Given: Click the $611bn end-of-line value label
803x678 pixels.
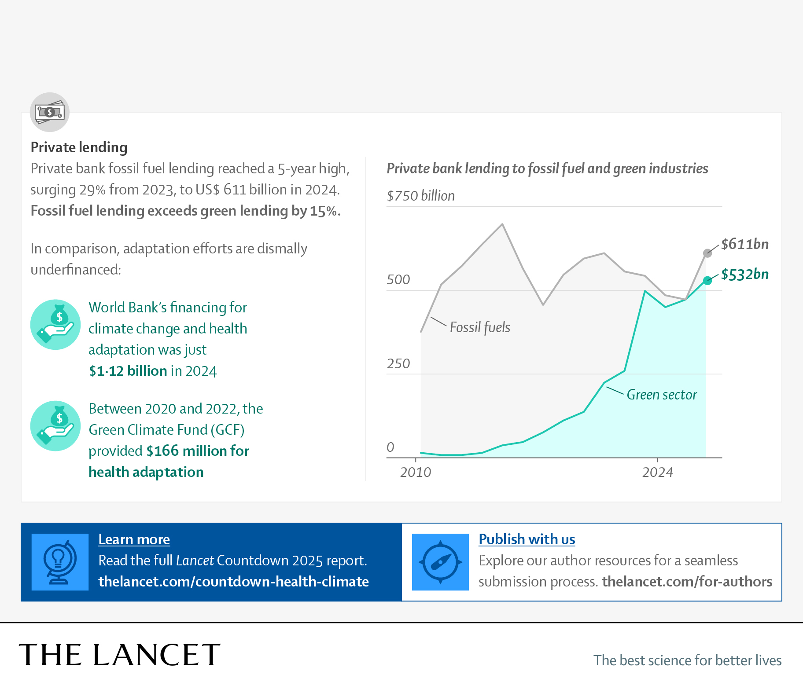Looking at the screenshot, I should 744,244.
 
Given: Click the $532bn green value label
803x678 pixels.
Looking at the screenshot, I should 744,275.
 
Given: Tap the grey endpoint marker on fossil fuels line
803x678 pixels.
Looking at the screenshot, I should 707,253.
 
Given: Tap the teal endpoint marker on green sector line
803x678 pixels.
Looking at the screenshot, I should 707,281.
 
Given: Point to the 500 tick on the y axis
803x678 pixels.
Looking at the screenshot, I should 398,280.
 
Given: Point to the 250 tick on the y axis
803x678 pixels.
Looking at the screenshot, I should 398,364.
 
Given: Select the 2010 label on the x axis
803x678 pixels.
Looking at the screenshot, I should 416,473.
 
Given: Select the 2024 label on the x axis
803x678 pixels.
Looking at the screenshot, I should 657,473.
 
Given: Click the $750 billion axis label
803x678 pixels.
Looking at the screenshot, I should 420,196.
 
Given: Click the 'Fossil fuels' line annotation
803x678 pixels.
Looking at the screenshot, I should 480,327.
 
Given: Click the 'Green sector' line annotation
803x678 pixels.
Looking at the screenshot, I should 661,395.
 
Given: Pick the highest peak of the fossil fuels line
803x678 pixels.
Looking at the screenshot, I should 502,224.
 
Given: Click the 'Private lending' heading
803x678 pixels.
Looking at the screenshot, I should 79,147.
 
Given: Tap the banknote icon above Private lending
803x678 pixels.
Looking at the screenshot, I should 50,112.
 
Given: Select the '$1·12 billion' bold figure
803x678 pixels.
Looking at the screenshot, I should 128,371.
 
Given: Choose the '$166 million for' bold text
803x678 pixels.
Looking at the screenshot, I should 198,451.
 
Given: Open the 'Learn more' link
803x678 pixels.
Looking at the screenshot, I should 134,539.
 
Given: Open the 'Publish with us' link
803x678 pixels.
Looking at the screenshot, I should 527,539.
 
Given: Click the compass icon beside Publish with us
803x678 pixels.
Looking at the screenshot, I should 440,562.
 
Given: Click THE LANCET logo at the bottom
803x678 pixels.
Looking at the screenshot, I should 119,655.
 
